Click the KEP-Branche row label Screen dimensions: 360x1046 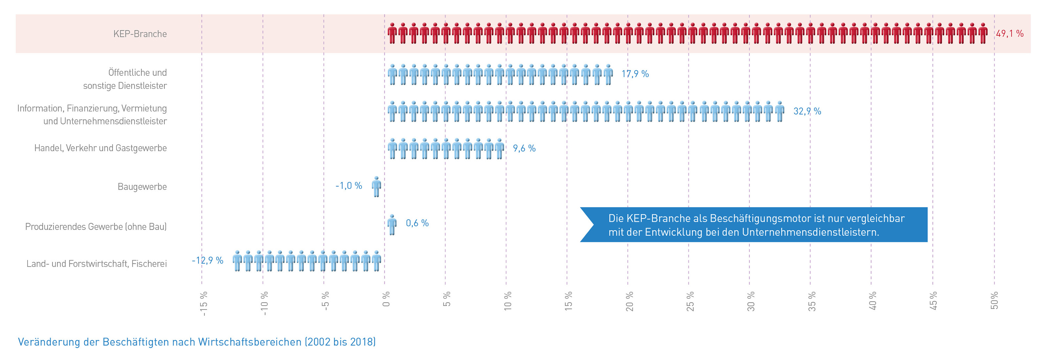point(140,34)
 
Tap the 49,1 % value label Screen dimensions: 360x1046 point(1009,34)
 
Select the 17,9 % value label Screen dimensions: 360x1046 point(635,74)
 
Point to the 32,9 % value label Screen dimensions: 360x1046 point(807,111)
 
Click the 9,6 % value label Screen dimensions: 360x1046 point(524,148)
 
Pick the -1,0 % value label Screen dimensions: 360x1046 point(349,186)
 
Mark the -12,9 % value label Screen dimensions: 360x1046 point(207,261)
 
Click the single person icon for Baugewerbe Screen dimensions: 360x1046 point(377,187)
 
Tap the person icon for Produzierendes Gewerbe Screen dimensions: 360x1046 point(392,224)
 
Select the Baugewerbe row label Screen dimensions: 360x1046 point(142,187)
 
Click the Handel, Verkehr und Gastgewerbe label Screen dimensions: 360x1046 point(100,148)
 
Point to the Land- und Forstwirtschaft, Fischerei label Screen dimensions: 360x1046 point(97,264)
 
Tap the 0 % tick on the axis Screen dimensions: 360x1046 point(386,299)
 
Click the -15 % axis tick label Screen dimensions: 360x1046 point(203,303)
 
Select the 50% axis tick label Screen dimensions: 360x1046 point(994,300)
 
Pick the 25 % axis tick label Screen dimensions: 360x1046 point(690,301)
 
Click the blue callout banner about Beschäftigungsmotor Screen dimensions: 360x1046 point(755,225)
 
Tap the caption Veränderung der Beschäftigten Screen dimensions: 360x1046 point(197,342)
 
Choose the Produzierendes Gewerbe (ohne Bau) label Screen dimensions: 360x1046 point(96,227)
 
